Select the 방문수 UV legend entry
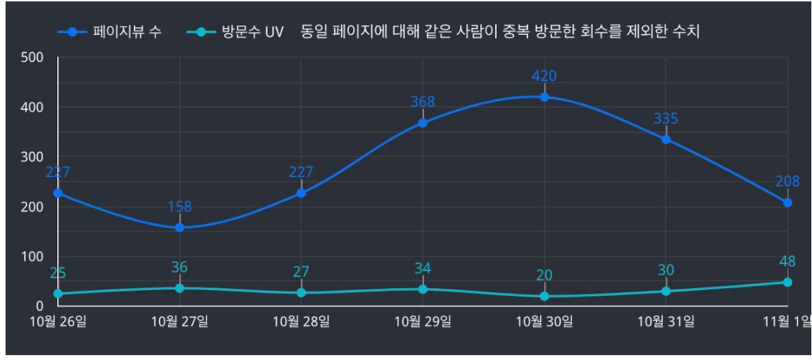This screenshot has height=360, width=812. tap(236, 32)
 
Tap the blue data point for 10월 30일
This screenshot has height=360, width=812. tap(544, 97)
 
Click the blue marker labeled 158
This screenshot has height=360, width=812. tap(179, 227)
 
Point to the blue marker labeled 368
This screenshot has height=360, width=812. tap(423, 123)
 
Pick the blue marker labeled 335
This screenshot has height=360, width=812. tap(666, 139)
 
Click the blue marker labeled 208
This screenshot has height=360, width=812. tap(788, 202)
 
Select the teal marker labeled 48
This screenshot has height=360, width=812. tap(788, 282)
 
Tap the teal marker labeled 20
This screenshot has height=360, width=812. tap(544, 296)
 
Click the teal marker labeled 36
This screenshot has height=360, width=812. tap(179, 288)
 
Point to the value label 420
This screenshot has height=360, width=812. tap(544, 76)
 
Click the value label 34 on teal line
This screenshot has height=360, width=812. tap(423, 269)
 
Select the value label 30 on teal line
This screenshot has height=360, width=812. tap(666, 270)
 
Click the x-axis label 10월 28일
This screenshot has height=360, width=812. tap(301, 322)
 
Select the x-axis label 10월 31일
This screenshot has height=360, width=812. tap(666, 322)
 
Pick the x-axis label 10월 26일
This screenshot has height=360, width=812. tap(58, 322)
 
